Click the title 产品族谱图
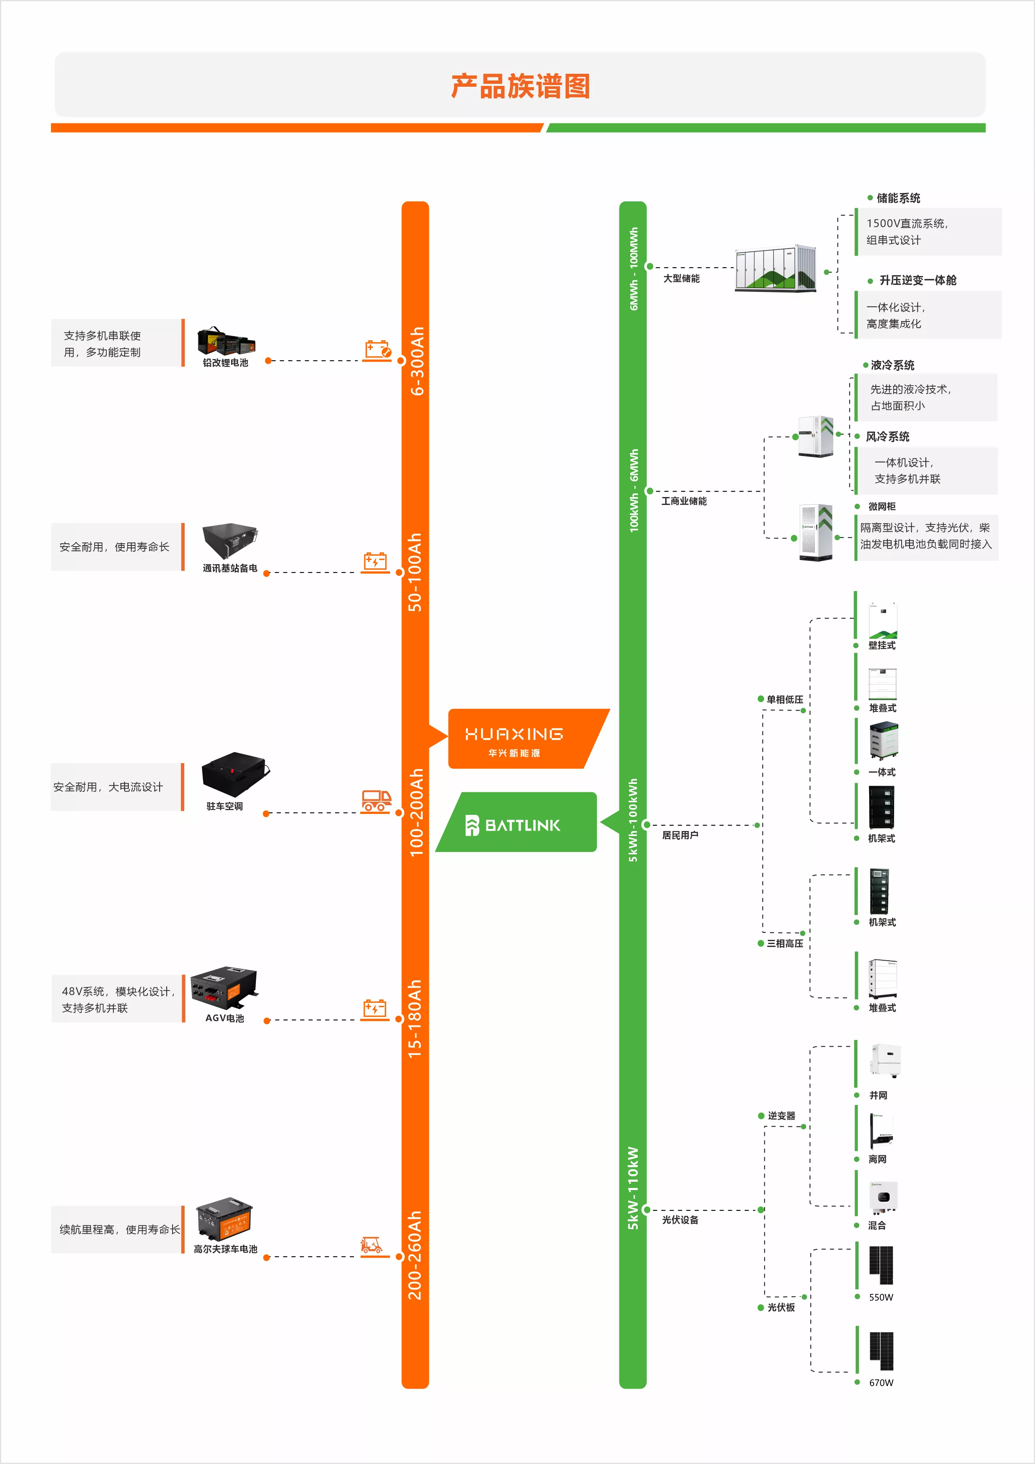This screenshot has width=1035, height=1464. coord(520,86)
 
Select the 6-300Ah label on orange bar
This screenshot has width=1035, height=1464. coord(417,361)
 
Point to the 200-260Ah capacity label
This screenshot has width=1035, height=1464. coord(415,1256)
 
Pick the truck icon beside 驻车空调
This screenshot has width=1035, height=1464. coord(376,801)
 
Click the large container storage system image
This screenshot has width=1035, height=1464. coord(775,269)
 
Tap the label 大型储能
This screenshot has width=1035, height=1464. coord(681,279)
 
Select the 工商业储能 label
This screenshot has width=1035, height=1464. coord(684,501)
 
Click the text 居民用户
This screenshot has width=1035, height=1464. coord(680,835)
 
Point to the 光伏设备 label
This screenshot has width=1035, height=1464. coord(680,1220)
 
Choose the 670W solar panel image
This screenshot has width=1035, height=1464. coord(882,1351)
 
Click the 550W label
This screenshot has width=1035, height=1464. coord(882,1297)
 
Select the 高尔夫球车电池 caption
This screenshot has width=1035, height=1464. coord(226,1249)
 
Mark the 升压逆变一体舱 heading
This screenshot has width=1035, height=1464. coord(918,281)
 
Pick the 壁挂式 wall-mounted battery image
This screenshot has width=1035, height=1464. coord(883,620)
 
